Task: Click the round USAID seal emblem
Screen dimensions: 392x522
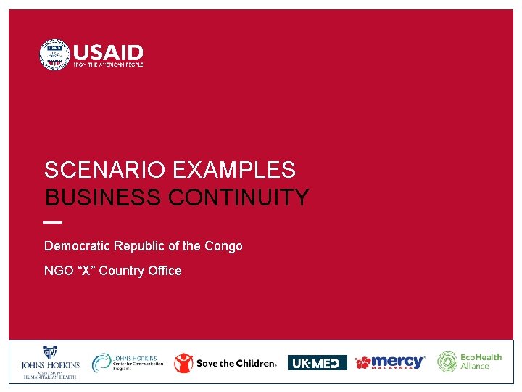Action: point(54,55)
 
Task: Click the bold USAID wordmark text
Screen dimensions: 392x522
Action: point(108,52)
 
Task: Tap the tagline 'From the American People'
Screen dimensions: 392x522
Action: point(108,65)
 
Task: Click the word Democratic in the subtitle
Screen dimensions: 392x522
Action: point(77,246)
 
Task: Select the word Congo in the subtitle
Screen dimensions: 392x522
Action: point(223,246)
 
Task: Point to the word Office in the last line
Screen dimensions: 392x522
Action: point(165,271)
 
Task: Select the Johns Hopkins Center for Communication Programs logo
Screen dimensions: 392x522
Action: point(128,362)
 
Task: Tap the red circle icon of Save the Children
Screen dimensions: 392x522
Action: point(184,363)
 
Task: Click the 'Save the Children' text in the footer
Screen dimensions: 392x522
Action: point(236,363)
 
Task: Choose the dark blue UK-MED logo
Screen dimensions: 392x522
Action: point(317,363)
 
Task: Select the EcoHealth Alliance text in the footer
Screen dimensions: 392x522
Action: point(481,362)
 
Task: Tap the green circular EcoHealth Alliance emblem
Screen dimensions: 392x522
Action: point(447,362)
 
